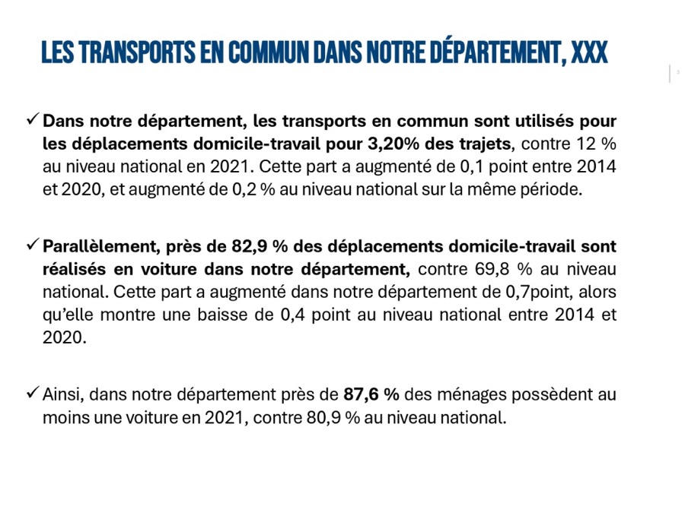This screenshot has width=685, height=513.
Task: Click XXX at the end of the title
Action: [590, 53]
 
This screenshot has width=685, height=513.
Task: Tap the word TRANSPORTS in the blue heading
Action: [137, 53]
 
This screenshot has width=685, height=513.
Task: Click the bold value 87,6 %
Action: [371, 394]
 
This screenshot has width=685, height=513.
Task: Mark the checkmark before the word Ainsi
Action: [33, 393]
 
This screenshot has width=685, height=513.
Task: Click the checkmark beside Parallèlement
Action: [33, 245]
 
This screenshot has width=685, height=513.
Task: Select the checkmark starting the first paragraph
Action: [33, 119]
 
